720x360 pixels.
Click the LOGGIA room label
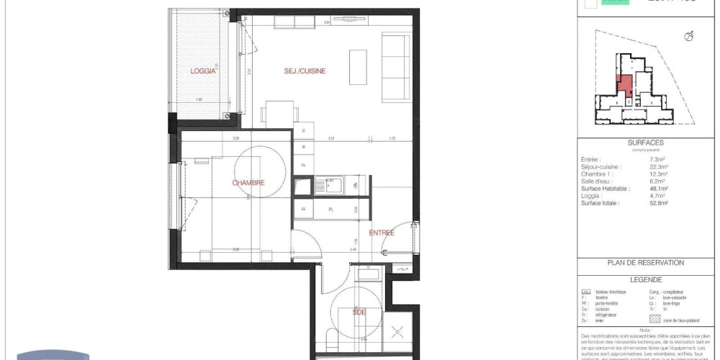click(x=204, y=71)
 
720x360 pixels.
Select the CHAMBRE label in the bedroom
click(x=248, y=183)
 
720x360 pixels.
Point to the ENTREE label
click(x=382, y=233)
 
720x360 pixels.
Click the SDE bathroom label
click(x=359, y=312)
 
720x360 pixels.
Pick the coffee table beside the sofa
click(x=357, y=66)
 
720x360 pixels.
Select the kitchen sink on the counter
click(x=333, y=185)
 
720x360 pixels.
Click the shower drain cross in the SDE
click(x=397, y=332)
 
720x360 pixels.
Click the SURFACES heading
click(x=645, y=143)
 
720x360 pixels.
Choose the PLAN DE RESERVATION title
click(x=646, y=263)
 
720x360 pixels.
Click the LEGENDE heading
click(x=645, y=280)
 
